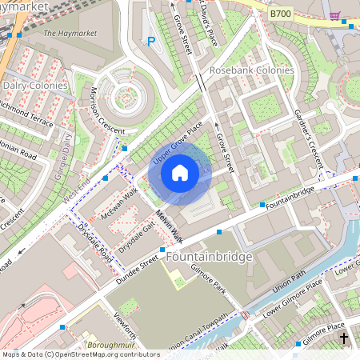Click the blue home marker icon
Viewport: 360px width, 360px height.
pyautogui.click(x=180, y=172)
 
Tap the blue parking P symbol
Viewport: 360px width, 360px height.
pyautogui.click(x=150, y=42)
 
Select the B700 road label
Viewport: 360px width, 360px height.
pyautogui.click(x=281, y=14)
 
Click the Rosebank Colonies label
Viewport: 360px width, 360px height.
pyautogui.click(x=251, y=70)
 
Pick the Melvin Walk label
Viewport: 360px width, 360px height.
pyautogui.click(x=169, y=226)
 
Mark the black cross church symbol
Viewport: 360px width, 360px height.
pyautogui.click(x=345, y=338)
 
